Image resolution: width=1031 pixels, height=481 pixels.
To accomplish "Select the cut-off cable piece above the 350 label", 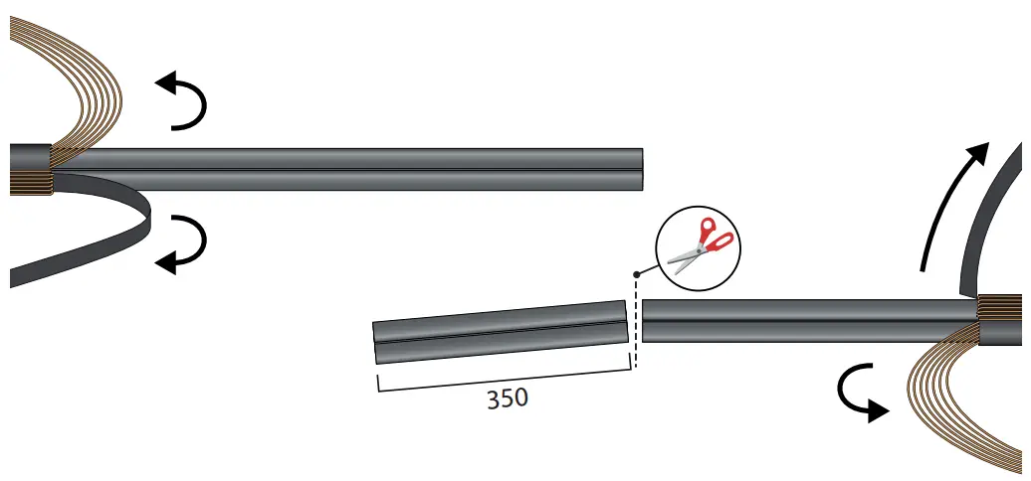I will click(x=501, y=333).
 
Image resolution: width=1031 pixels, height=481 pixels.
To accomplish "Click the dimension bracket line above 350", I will click(x=504, y=381).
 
